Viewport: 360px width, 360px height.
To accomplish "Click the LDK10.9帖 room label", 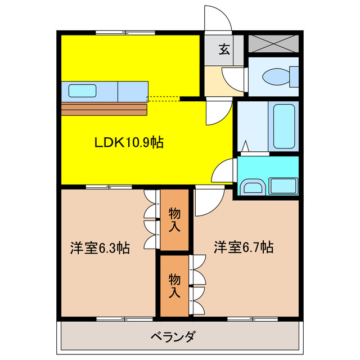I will click(x=128, y=143).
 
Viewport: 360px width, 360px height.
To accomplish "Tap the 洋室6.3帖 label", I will click(x=100, y=247).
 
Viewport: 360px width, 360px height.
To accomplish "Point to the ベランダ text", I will click(x=173, y=337).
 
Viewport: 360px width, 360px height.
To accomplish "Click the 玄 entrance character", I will click(x=224, y=49).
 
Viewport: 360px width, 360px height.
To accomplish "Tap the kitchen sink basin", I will click(x=82, y=90).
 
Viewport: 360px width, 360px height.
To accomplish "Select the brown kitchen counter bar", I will click(x=104, y=109).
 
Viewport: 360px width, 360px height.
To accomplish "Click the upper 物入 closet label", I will click(x=174, y=220).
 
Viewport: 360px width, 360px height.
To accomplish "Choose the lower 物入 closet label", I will click(x=174, y=285).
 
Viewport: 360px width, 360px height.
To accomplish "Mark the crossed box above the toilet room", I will click(x=272, y=43).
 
